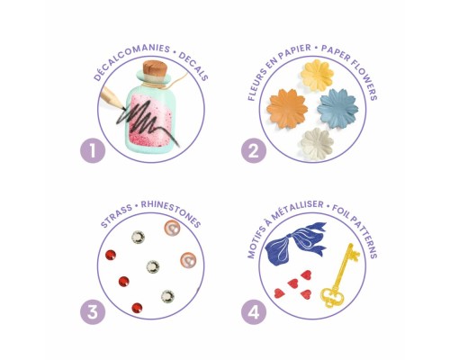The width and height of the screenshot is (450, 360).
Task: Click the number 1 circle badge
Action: (x=93, y=150)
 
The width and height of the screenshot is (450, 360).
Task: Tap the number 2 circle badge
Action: (x=254, y=150)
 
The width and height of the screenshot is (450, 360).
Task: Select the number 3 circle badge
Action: (x=93, y=312)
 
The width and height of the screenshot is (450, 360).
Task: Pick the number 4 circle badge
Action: (x=254, y=312)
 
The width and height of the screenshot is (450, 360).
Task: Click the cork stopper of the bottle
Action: (x=154, y=70)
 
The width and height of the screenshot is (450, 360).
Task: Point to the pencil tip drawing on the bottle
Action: (x=121, y=107)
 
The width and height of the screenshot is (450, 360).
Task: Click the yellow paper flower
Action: (x=317, y=74)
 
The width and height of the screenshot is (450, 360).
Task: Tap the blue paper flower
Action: (x=337, y=108)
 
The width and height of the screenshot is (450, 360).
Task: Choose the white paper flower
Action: (x=317, y=143)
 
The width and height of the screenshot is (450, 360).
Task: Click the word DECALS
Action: (x=193, y=67)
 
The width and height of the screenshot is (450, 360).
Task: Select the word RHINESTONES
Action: (x=171, y=214)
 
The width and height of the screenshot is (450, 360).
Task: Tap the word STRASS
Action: (x=116, y=216)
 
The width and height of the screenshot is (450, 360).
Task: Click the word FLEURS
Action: (x=256, y=85)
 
